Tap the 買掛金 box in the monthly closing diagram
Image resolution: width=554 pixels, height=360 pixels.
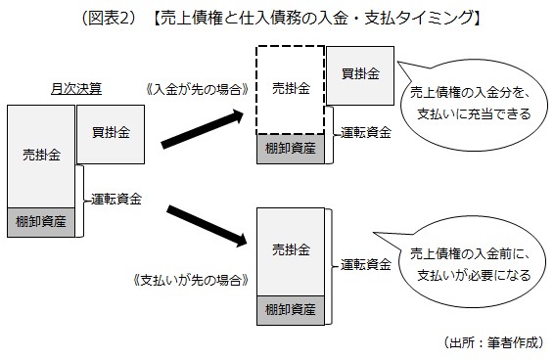(x=111, y=132)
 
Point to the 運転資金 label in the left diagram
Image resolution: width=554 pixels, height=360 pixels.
(x=116, y=199)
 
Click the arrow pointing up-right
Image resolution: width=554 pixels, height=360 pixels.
(x=201, y=130)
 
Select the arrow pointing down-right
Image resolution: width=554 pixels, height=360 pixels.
(x=206, y=224)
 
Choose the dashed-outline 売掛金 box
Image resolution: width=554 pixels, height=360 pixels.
(x=290, y=89)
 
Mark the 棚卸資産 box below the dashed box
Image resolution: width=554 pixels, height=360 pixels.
(x=290, y=150)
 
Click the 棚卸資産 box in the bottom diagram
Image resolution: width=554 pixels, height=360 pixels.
(x=291, y=310)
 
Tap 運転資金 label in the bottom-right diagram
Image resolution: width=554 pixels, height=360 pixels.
(x=368, y=263)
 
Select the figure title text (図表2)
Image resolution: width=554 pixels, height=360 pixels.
(x=276, y=18)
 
